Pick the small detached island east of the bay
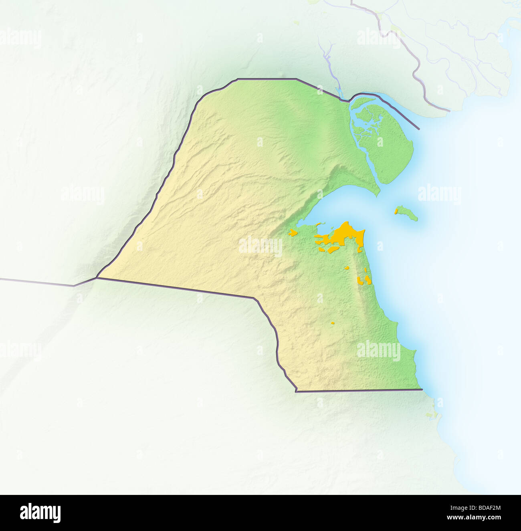(407, 213)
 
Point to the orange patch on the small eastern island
(396, 211)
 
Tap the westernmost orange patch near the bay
(293, 232)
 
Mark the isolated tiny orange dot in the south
(333, 323)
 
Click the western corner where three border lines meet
(97, 277)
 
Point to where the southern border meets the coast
(422, 389)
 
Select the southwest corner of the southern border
(296, 391)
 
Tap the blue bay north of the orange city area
(341, 208)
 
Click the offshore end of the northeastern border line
(419, 129)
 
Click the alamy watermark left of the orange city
(261, 246)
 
